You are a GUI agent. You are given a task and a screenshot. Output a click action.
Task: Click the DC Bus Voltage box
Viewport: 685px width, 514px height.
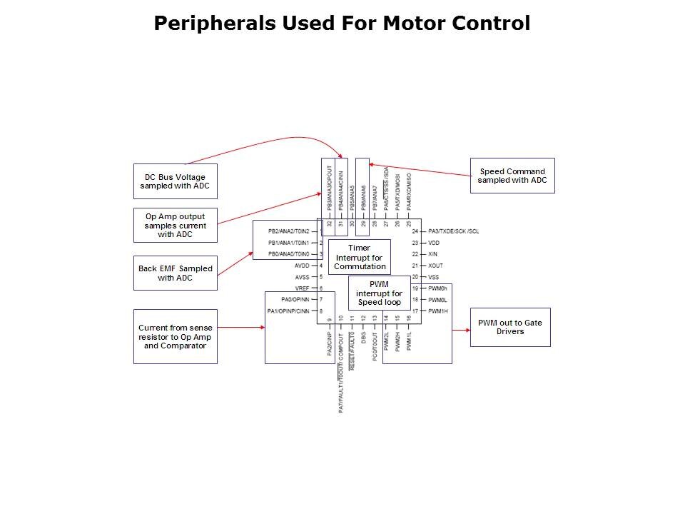point(175,181)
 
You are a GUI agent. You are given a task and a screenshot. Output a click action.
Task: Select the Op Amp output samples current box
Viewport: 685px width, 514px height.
point(175,226)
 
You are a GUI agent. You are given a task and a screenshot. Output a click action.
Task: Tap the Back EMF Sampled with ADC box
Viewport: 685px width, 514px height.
point(175,273)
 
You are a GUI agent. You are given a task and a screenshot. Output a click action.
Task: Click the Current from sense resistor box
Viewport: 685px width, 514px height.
point(175,336)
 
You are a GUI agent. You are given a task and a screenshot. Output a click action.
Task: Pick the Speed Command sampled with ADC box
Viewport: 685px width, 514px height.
point(512,176)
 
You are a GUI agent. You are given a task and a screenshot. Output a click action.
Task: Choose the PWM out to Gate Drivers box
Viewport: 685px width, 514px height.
point(509,327)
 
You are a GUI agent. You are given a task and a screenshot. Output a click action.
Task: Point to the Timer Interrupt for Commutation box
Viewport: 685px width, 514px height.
point(360,257)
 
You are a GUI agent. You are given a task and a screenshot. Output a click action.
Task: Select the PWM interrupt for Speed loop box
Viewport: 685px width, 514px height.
point(379,293)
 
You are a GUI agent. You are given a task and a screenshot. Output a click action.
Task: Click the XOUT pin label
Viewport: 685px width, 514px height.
point(436,266)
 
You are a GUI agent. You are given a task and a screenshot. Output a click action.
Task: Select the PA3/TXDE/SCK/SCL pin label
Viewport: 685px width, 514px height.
point(454,231)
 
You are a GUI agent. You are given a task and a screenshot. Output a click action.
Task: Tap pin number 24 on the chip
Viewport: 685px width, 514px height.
point(415,231)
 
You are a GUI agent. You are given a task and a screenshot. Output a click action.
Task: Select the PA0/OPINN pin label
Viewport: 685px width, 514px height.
point(297,299)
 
